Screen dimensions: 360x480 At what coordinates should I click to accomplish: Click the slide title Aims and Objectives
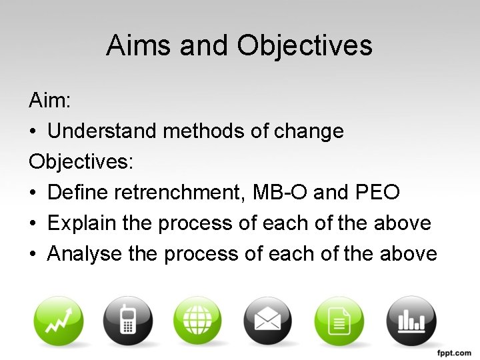239,46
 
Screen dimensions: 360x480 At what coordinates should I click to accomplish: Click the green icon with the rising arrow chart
59,321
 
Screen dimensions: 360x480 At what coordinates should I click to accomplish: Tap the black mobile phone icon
128,321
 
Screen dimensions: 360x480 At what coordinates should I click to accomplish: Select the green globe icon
198,321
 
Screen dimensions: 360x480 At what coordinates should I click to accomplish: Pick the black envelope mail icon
268,321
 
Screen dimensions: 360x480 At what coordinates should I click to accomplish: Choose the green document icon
339,321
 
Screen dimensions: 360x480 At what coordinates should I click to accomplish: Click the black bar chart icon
410,321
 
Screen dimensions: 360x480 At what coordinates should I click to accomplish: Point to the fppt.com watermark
453,351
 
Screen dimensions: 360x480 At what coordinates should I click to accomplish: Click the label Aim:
50,101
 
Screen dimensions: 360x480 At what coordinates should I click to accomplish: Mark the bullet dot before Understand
33,132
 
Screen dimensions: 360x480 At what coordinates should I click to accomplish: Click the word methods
203,132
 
